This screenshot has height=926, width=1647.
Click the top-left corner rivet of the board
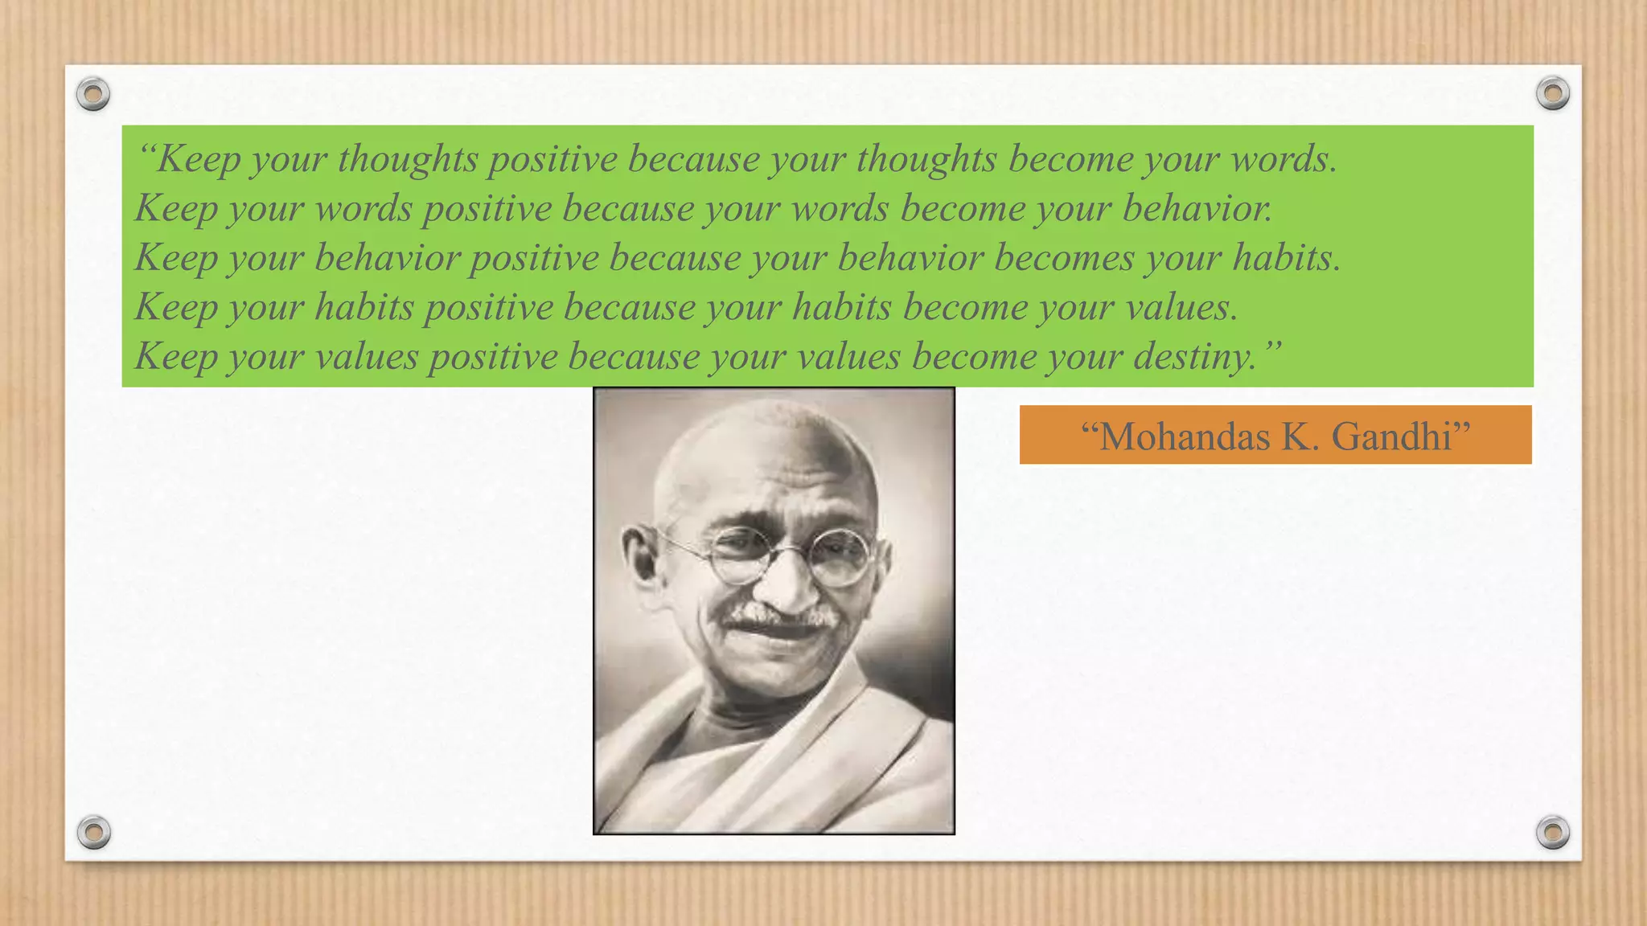pos(93,94)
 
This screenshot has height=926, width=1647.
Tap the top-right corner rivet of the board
pos(1553,93)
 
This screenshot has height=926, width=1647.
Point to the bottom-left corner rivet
pos(93,832)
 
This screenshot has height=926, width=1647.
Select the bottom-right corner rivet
pos(1553,832)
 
